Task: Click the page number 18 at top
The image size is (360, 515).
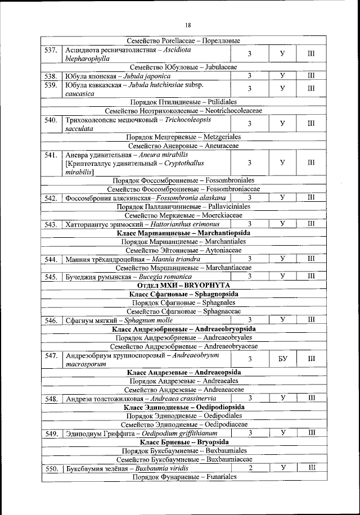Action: coord(187,25)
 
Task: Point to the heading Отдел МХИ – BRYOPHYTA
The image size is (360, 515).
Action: coord(184,285)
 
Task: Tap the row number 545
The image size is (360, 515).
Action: coord(51,277)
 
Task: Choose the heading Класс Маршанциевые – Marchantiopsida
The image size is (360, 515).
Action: coord(184,233)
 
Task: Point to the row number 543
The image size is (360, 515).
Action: coord(51,224)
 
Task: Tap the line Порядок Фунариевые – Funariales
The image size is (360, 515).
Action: coord(184,477)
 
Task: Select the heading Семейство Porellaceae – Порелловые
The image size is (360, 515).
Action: coord(184,40)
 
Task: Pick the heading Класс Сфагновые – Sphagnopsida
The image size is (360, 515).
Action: coord(184,294)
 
